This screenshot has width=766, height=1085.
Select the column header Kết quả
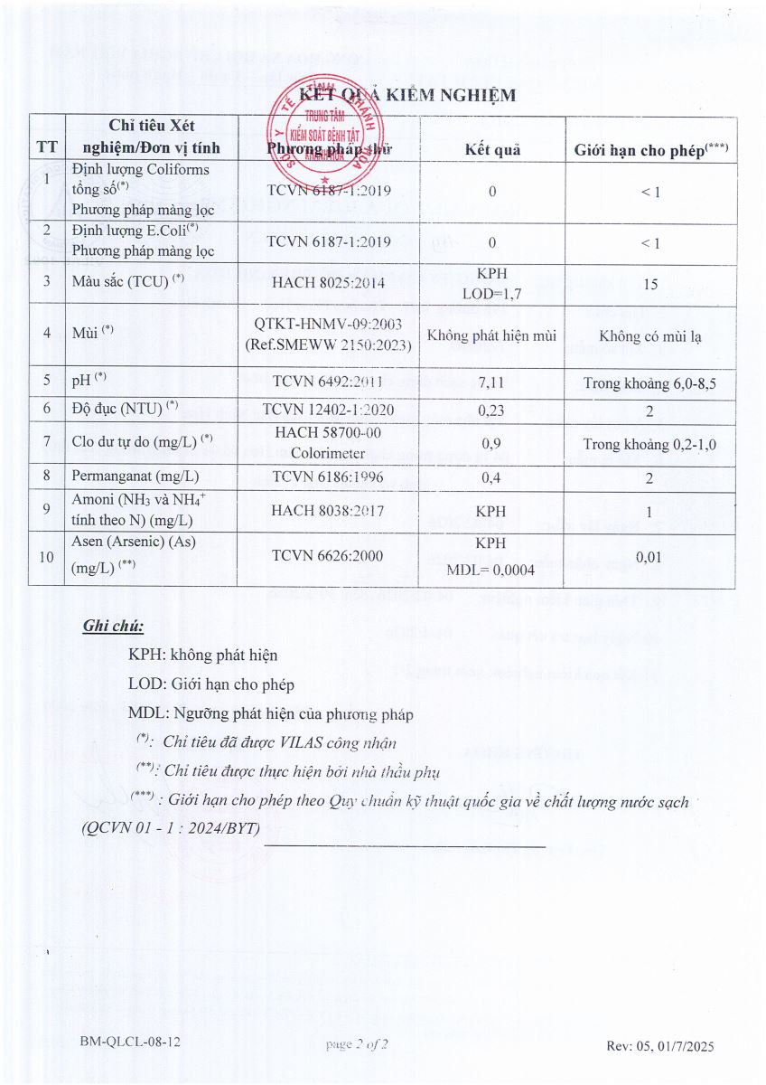click(x=492, y=149)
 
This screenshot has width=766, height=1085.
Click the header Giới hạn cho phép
click(x=651, y=150)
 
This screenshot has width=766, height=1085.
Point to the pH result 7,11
click(x=492, y=381)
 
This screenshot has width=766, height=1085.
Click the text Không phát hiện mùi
click(x=492, y=336)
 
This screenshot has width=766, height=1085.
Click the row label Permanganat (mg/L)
click(x=135, y=476)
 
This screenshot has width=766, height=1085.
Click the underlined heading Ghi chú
click(x=113, y=626)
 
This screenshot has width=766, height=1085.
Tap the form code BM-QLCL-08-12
click(x=130, y=1043)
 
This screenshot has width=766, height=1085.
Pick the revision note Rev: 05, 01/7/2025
click(x=659, y=1046)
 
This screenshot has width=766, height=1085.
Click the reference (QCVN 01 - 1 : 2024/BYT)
click(x=171, y=828)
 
